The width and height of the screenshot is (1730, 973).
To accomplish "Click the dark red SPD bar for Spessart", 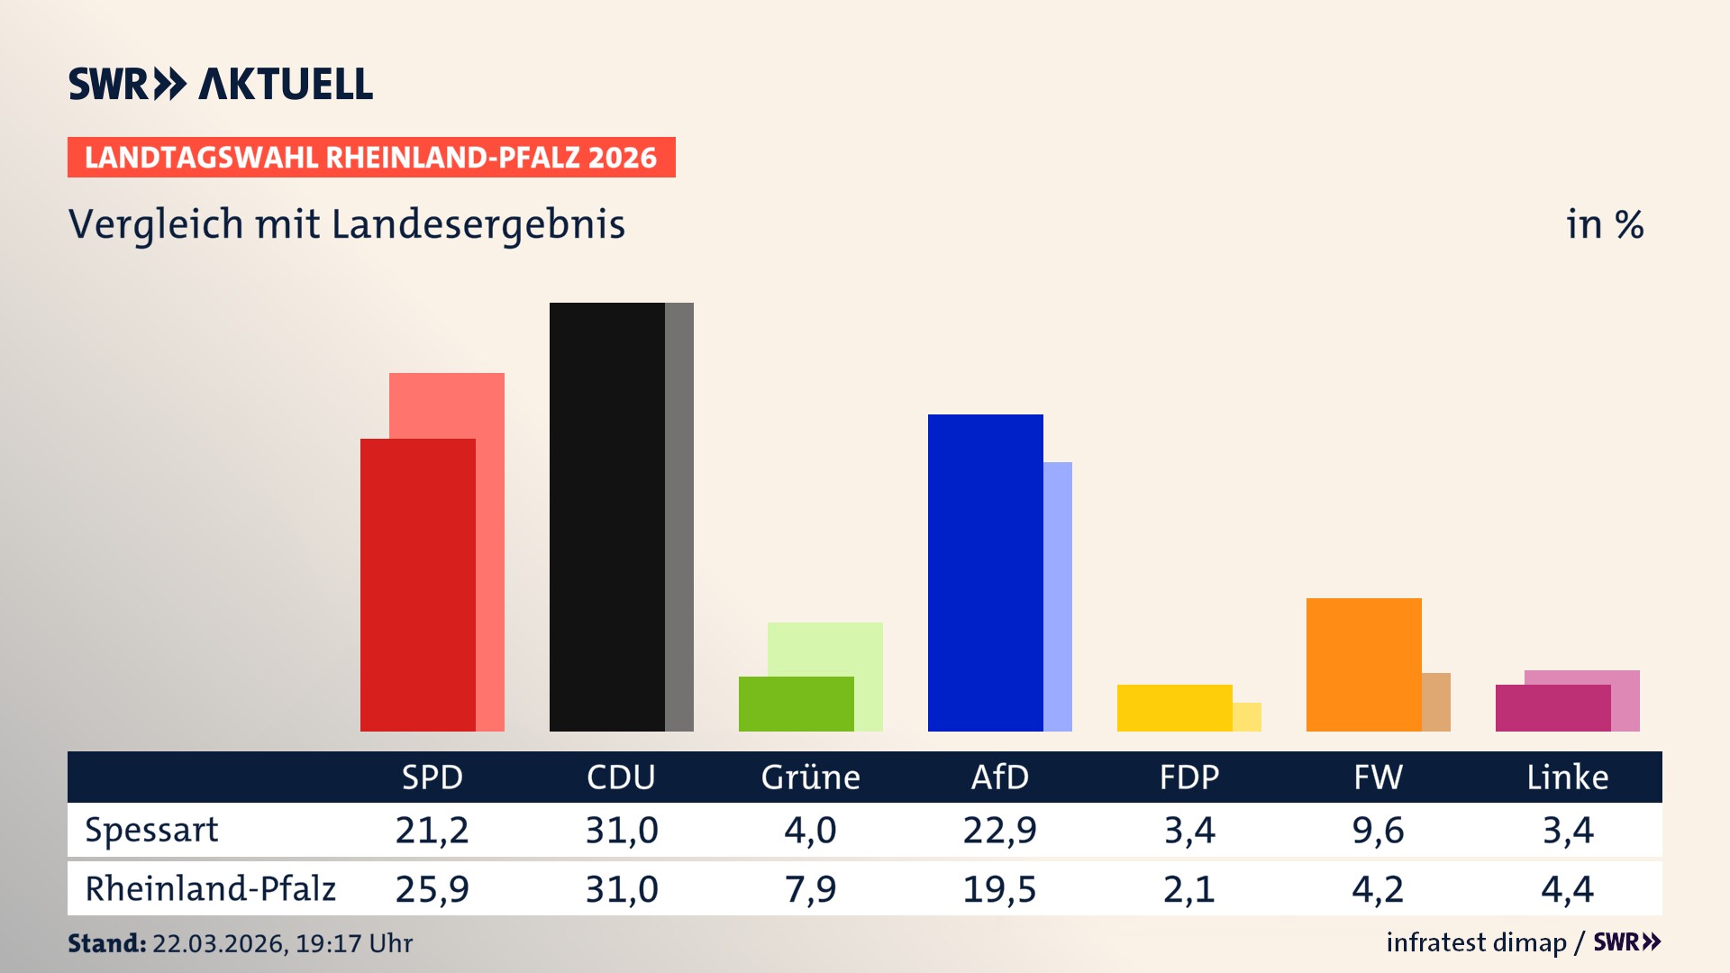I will point(417,586).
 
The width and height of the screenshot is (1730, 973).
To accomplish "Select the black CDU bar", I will point(606,517).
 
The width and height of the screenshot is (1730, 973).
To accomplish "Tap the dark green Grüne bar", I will point(796,704).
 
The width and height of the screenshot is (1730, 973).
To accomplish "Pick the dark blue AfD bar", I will point(985,573).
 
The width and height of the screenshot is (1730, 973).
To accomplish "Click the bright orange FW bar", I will point(1363,665).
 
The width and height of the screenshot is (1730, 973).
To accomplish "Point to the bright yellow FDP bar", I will point(1174,708).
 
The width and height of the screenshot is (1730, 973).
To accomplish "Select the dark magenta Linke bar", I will point(1552,708).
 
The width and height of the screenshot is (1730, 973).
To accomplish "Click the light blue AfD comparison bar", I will point(1058,596).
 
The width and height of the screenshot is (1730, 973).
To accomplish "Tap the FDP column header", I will point(1188,777).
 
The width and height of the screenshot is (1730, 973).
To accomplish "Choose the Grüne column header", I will point(810,777).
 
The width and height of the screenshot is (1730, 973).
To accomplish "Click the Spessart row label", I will point(151,830).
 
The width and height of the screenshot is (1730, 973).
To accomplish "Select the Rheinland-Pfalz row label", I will point(210,889).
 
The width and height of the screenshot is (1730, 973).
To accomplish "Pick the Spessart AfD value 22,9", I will point(999,830).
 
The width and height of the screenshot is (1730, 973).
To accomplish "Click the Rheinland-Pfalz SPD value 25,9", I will point(432,889).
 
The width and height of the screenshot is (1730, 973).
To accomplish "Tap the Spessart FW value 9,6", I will point(1378,830).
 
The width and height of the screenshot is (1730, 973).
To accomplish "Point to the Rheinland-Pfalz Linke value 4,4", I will point(1567,889).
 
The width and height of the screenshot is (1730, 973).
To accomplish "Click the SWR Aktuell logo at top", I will point(221,84).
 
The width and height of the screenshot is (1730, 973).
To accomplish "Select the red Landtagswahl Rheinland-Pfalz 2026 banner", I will point(371,158).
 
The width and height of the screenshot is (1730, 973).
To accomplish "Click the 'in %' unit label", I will point(1604,225).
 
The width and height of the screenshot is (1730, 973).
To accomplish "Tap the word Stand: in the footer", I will point(106,943).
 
